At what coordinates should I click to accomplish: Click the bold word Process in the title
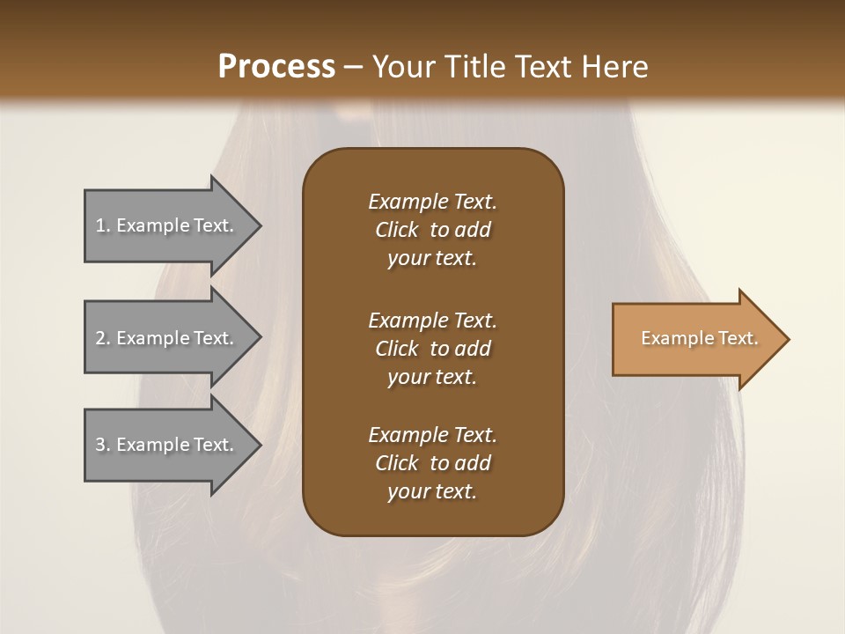pos(276,67)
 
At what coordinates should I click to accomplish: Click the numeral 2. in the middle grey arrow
pos(103,338)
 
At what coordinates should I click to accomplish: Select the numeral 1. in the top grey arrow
pos(103,225)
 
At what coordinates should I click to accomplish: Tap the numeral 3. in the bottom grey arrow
pos(103,445)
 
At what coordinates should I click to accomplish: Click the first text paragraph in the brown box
pos(432,230)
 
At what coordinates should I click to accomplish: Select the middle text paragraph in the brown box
pos(432,349)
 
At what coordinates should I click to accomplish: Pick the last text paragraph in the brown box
pos(432,463)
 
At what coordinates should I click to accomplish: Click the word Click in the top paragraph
pos(397,230)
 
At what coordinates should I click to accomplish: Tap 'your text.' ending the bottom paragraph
pos(432,491)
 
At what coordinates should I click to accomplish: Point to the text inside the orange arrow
pos(699,338)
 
